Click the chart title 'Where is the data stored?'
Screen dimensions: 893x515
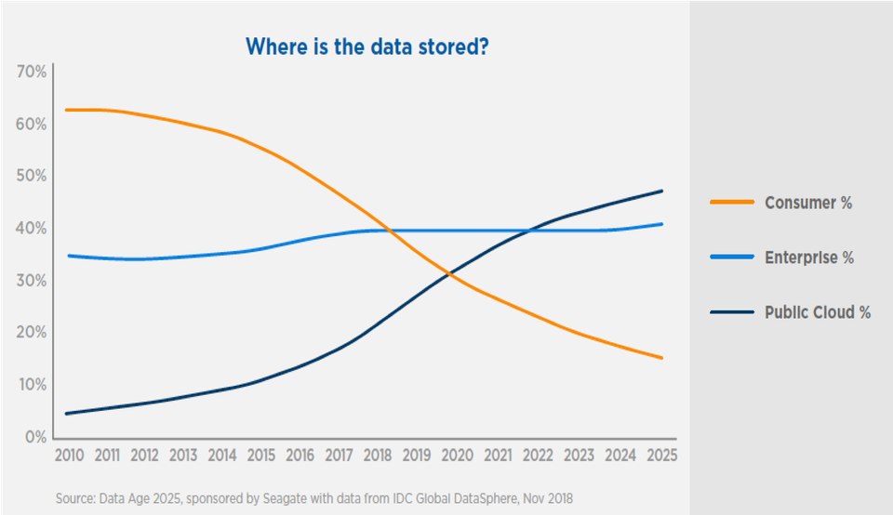click(367, 46)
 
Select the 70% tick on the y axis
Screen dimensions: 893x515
click(32, 72)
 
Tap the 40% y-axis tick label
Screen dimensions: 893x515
click(32, 228)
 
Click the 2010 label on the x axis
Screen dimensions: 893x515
click(69, 456)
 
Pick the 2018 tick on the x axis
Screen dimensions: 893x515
click(378, 456)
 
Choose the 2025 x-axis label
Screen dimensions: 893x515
click(661, 456)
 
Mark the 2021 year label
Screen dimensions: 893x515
click(499, 456)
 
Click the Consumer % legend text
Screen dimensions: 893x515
click(808, 203)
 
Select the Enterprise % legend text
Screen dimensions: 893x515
click(809, 257)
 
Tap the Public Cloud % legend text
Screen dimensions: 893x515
click(818, 311)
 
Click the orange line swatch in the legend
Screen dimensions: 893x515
click(732, 202)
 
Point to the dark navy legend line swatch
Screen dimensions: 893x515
click(732, 311)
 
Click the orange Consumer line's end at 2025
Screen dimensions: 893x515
click(661, 358)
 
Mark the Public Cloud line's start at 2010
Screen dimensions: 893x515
click(67, 414)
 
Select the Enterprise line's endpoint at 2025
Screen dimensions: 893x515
click(661, 224)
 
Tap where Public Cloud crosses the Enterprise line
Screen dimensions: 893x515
click(530, 230)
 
